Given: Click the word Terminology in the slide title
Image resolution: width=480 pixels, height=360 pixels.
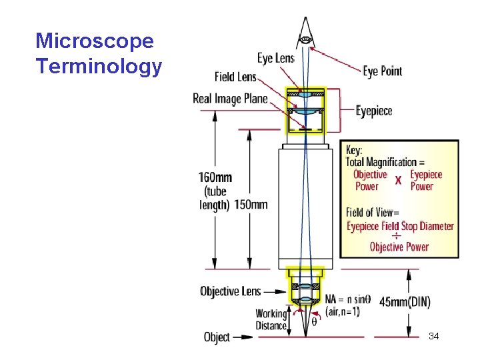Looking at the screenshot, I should pos(99,67).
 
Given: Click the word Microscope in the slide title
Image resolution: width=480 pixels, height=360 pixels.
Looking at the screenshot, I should pos(95,41).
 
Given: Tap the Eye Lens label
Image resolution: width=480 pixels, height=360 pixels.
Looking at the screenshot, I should pos(275,58).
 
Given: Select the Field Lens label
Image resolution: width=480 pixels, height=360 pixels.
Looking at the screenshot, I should pos(234,77).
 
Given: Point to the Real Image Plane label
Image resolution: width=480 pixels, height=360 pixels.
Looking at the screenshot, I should pos(230,99).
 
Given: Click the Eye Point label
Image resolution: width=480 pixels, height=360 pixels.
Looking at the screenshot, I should pos(383,71).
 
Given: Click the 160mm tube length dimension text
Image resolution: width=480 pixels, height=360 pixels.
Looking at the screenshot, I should pos(215,191).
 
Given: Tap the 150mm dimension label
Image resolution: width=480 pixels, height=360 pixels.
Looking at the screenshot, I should pos(251,205).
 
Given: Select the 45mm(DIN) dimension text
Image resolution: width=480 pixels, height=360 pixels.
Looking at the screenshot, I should pos(405,302).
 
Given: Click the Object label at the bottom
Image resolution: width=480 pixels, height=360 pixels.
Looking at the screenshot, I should pos(217,337).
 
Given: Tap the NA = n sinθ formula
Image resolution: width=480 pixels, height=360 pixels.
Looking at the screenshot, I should pos(347,299).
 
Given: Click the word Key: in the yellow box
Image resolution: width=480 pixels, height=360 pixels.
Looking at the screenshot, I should pos(355,150).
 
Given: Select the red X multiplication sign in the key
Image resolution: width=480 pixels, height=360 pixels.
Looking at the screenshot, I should pos(398,180).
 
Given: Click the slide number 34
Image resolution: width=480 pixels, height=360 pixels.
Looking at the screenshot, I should pos(433,336).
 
